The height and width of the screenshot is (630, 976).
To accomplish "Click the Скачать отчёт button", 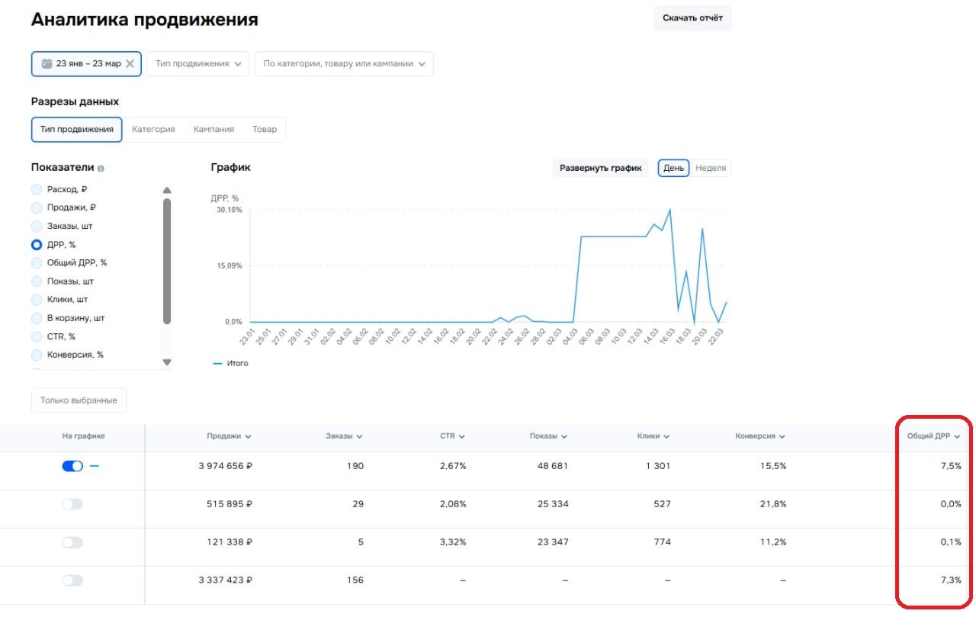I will point(692,18).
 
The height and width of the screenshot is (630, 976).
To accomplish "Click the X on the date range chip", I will point(130,64).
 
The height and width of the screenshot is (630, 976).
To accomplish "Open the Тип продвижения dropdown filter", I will point(198,64).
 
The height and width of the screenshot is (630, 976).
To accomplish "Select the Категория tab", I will point(153,130).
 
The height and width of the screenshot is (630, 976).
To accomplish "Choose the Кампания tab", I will point(213,130).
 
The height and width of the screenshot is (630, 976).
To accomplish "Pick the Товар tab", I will point(265,130).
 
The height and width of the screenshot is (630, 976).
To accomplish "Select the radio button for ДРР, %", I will point(37,245).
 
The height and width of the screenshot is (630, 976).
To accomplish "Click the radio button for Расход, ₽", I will point(37,189).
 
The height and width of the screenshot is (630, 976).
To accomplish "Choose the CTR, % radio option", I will point(37,336).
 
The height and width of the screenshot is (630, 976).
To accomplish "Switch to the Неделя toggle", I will point(711,168).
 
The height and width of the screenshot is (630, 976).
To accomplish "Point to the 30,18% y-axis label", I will point(230,210).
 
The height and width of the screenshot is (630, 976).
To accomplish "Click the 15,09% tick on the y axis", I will point(230,266).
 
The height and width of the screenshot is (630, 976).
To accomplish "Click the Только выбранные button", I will point(79,400).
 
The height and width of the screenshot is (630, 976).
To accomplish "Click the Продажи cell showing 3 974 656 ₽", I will point(225,466).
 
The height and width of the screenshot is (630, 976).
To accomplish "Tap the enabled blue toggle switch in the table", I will point(72,466).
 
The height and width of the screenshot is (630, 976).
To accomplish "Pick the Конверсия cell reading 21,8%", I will point(772,504).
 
